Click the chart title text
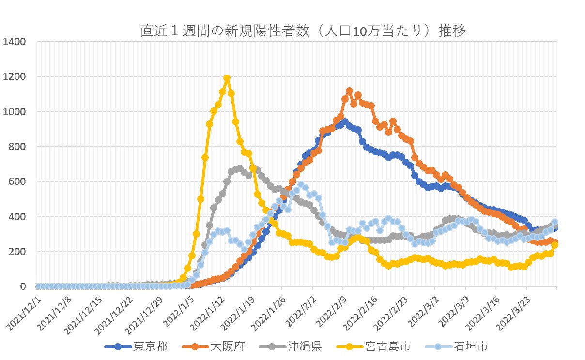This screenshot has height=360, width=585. point(303,31)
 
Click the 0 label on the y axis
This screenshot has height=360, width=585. point(24,286)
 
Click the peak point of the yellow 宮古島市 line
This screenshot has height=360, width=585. point(227,78)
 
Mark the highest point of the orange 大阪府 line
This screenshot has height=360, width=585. point(349,91)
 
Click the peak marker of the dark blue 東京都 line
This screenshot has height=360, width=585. point(345,122)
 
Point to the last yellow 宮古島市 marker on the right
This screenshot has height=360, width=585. point(555,245)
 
